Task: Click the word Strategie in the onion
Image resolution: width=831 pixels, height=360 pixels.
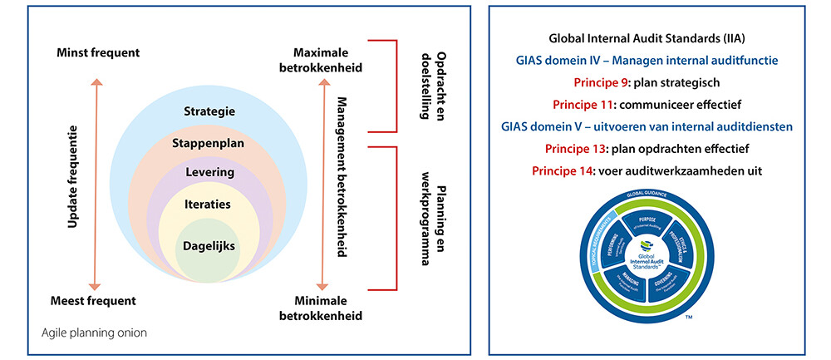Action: coord(209,111)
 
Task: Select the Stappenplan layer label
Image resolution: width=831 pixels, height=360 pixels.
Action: coord(209,142)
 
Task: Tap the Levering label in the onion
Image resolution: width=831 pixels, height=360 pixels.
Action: coord(209,172)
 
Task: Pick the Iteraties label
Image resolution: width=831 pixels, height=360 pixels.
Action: coord(209,203)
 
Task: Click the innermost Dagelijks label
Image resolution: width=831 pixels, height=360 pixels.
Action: coord(209,246)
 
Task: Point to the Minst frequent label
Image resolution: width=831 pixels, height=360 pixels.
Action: coord(98,53)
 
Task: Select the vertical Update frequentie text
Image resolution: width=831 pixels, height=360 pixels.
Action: coord(72,177)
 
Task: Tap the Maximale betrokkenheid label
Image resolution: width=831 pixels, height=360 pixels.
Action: coord(321,61)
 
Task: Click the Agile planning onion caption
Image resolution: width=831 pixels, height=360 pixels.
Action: coord(95,334)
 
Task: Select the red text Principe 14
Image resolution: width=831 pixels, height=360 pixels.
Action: coord(562,170)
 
